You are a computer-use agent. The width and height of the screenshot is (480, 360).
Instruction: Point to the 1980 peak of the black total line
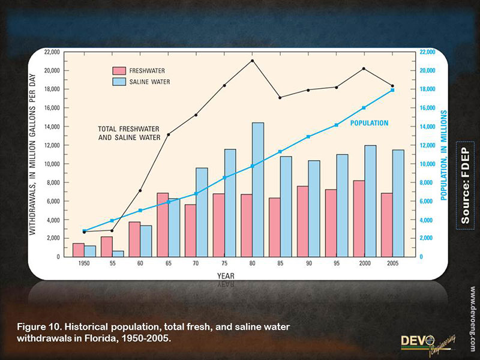pos(252,61)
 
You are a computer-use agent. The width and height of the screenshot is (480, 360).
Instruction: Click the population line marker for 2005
pos(392,90)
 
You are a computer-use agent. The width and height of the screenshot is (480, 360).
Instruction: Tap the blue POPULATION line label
pos(369,123)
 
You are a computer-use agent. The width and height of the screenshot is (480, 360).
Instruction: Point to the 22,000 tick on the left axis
pos(50,52)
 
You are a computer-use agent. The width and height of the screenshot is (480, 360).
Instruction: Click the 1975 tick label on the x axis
pos(224,263)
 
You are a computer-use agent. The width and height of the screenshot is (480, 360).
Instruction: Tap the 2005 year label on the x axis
pos(393,263)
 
